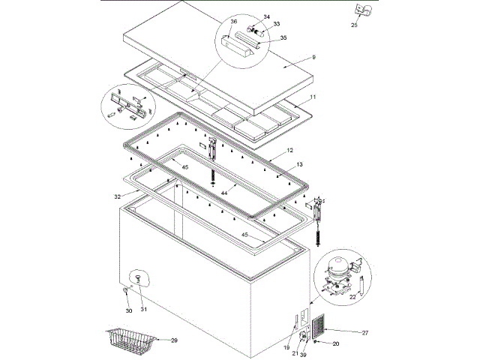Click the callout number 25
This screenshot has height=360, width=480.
coord(353,25)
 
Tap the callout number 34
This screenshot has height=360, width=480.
coord(265,16)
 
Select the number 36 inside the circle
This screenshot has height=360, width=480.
coord(233,22)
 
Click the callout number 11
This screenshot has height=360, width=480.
coord(313,98)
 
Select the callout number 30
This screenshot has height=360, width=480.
coord(128,310)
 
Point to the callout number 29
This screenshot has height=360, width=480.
coord(174,340)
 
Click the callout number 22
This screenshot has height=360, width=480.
coord(352,297)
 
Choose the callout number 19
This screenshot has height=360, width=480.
coord(286,347)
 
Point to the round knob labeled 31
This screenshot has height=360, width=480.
coord(136,278)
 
